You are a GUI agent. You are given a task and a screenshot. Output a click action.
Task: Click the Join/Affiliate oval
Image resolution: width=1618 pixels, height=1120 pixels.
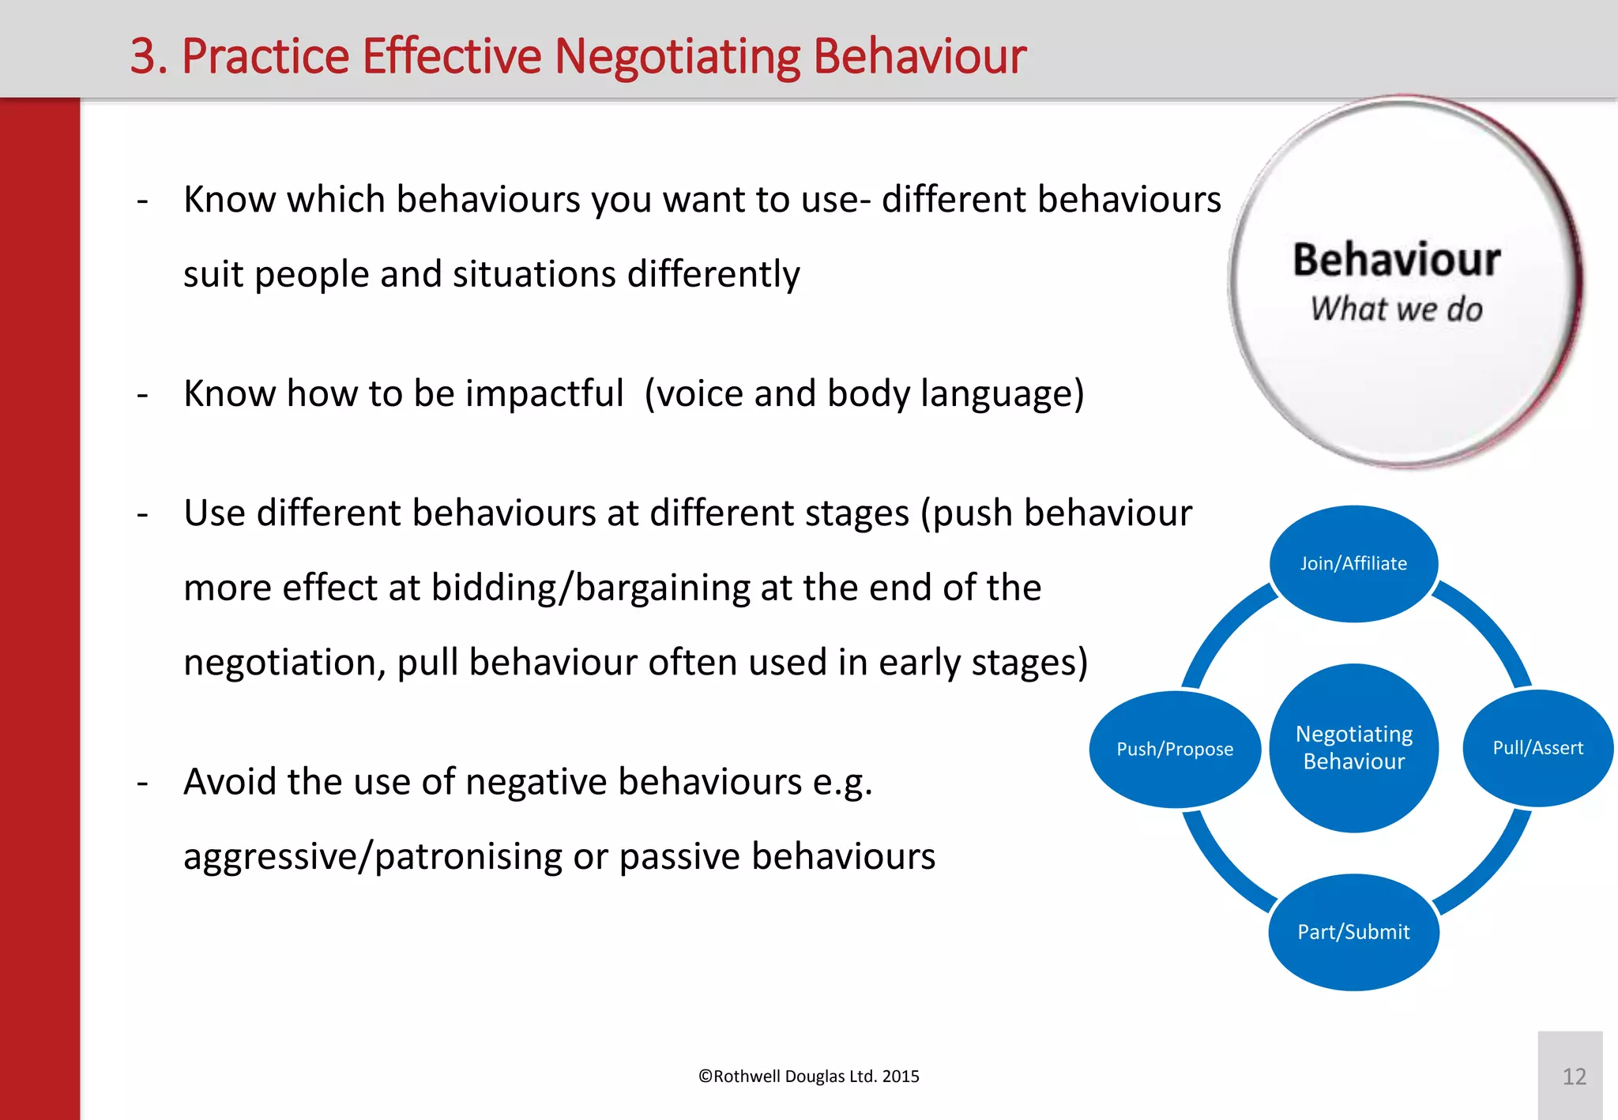(1353, 564)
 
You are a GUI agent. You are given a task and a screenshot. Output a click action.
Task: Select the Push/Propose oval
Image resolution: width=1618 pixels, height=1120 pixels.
(1175, 749)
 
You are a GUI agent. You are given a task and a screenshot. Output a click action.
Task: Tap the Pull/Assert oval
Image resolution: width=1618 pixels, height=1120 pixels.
(1537, 748)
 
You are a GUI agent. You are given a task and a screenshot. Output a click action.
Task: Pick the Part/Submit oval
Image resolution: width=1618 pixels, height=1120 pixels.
(1353, 932)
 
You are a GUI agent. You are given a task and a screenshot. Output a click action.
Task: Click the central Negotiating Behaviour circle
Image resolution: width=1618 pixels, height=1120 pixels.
(1353, 747)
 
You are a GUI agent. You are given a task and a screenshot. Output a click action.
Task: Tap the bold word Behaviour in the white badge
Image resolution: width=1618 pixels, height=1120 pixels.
(1396, 260)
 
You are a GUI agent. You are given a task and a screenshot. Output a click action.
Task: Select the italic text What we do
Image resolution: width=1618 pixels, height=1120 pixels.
(1396, 309)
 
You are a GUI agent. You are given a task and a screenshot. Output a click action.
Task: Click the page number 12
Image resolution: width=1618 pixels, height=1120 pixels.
(1574, 1077)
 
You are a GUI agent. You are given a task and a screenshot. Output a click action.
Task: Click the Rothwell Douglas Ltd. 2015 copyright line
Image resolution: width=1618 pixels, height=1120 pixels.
(808, 1077)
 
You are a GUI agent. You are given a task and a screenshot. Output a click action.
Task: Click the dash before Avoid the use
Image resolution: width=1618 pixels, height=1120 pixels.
(142, 783)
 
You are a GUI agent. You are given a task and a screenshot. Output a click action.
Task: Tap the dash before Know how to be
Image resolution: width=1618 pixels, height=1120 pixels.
(142, 394)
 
